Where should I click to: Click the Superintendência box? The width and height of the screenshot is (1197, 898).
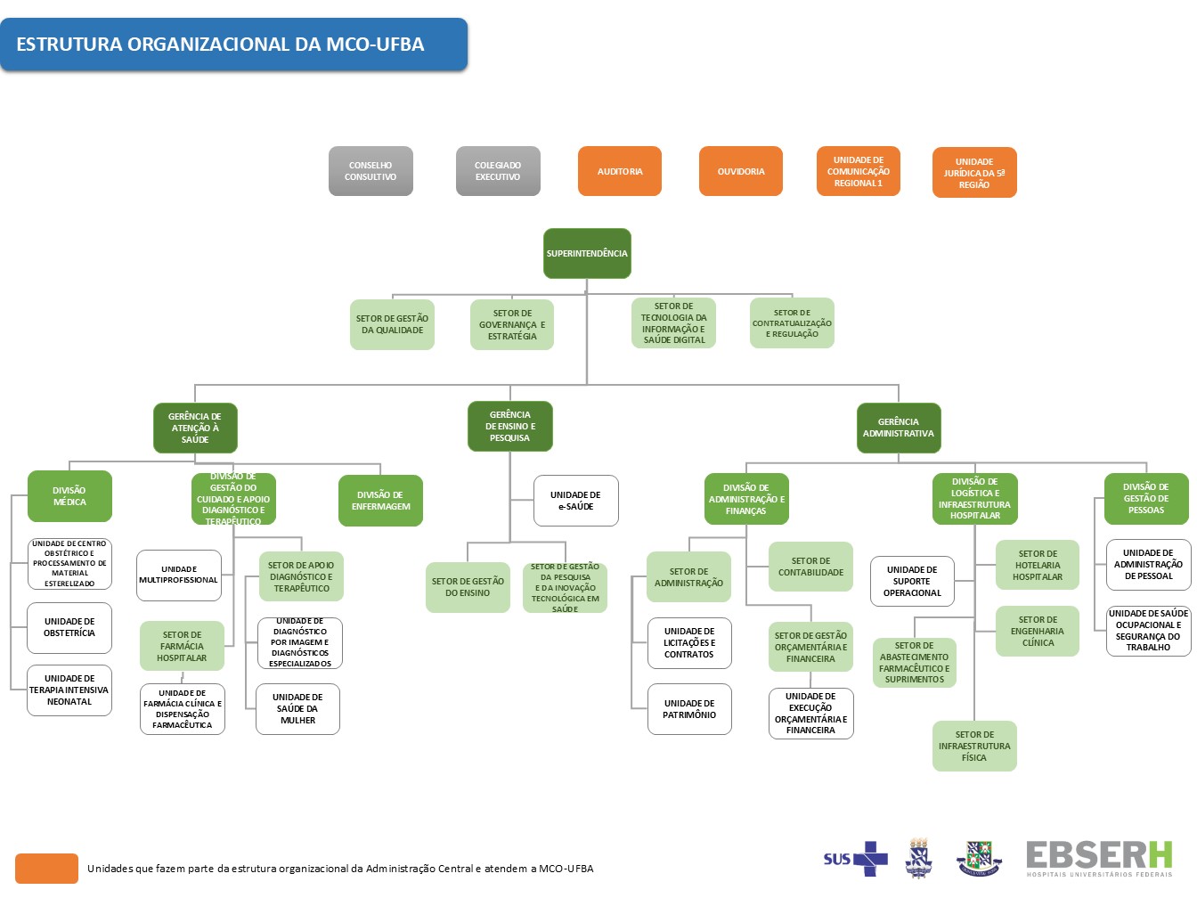(587, 254)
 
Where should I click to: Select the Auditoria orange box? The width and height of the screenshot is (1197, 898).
(620, 171)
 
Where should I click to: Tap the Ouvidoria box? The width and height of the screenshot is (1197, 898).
(741, 171)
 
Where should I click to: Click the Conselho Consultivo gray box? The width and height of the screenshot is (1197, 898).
(370, 171)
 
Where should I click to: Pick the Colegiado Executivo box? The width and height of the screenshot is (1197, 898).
(498, 171)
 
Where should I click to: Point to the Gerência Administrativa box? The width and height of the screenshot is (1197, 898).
(898, 428)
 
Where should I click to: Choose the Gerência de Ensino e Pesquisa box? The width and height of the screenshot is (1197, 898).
(510, 426)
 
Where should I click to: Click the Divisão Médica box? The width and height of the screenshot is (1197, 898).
(69, 496)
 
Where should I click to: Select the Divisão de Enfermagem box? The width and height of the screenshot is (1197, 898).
(380, 501)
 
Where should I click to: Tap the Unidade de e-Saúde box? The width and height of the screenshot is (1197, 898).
(575, 501)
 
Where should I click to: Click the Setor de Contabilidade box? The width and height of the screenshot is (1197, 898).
(810, 567)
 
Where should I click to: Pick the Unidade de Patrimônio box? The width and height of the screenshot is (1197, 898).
(689, 709)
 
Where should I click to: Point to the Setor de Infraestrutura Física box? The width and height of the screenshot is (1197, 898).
(974, 747)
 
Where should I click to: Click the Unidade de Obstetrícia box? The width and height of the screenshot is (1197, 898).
(69, 627)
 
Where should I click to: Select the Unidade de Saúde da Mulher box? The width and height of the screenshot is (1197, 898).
(297, 709)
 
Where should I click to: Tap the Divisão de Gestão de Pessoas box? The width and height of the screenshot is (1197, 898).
(1146, 499)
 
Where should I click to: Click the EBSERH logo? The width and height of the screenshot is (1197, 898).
(1099, 859)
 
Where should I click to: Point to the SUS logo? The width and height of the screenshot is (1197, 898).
(855, 859)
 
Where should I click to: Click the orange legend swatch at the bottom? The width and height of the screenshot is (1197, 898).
(46, 869)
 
